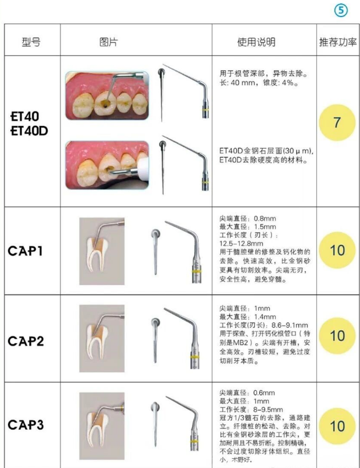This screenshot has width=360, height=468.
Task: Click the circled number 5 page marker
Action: point(341,11)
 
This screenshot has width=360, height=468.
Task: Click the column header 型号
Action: point(31,42)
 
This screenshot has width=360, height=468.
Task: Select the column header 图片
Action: point(109,42)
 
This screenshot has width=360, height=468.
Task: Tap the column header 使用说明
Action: point(256,42)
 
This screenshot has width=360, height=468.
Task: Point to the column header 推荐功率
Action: point(338,42)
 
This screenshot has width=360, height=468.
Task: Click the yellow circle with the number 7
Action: point(337,122)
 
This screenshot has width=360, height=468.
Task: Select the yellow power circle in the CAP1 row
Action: point(337,250)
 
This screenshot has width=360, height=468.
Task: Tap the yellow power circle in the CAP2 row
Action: point(337,336)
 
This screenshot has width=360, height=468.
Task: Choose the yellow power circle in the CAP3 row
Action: point(337,426)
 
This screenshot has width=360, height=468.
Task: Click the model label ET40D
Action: point(29,131)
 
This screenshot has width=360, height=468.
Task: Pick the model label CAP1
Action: point(25,251)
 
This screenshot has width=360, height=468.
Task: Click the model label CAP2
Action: point(26,341)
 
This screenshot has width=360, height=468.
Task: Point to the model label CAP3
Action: point(26,425)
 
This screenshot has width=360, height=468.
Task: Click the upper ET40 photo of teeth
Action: point(107,96)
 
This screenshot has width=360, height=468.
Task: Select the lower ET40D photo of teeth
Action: point(107,165)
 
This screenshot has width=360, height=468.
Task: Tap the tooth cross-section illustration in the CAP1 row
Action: point(102,251)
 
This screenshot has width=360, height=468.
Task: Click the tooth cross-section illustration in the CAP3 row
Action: point(102,426)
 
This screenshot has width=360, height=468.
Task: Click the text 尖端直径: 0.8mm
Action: point(248,218)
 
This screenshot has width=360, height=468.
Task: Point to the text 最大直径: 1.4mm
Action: point(248,317)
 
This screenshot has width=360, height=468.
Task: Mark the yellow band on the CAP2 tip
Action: point(195,356)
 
